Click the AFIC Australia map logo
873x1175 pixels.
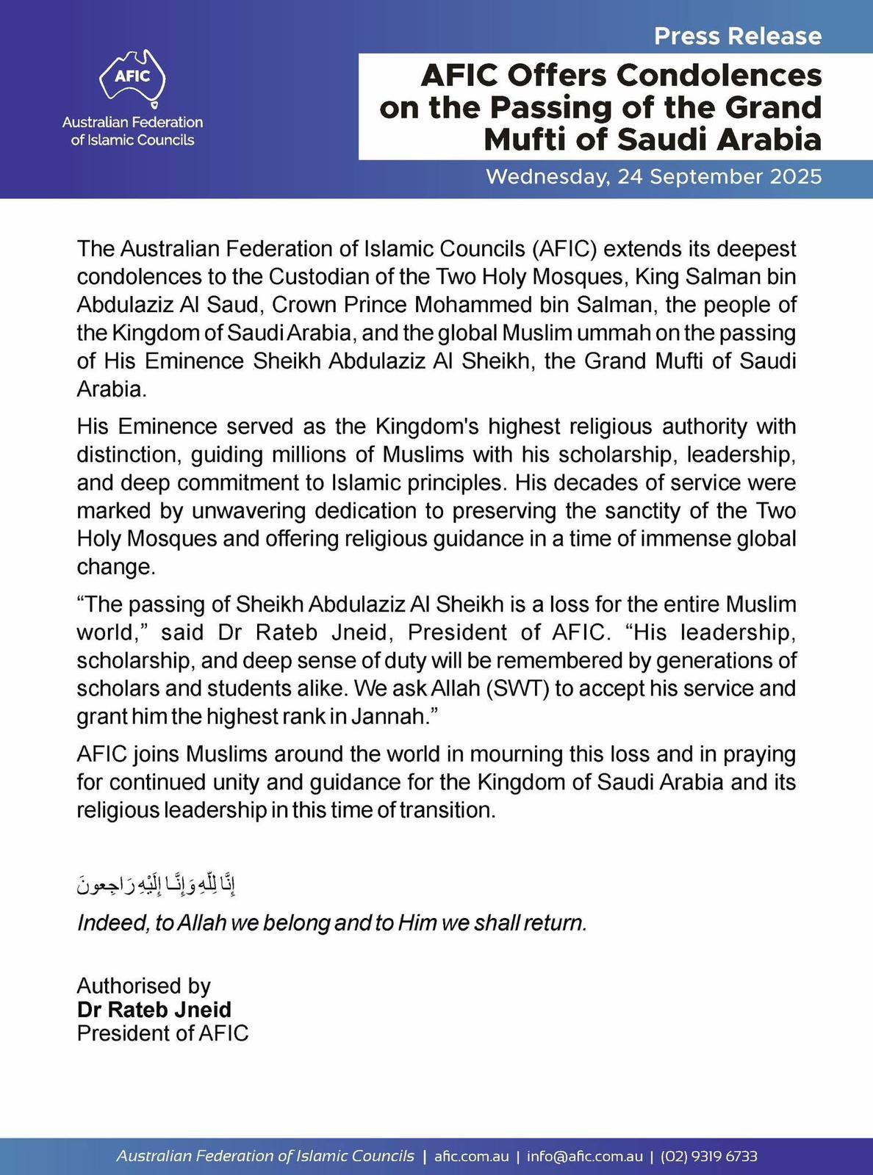click(132, 77)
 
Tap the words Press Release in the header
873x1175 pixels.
click(738, 36)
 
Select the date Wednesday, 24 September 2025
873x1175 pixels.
click(654, 177)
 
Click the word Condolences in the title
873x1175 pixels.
click(718, 76)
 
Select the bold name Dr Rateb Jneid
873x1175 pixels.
click(154, 1009)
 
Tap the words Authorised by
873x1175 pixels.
click(144, 986)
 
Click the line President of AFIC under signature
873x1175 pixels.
click(163, 1033)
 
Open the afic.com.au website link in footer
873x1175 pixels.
click(472, 1156)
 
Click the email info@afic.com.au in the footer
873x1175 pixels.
click(584, 1156)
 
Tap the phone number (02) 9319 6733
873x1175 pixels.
click(709, 1156)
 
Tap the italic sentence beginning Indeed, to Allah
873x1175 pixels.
click(332, 922)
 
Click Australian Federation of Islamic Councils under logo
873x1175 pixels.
click(132, 131)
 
